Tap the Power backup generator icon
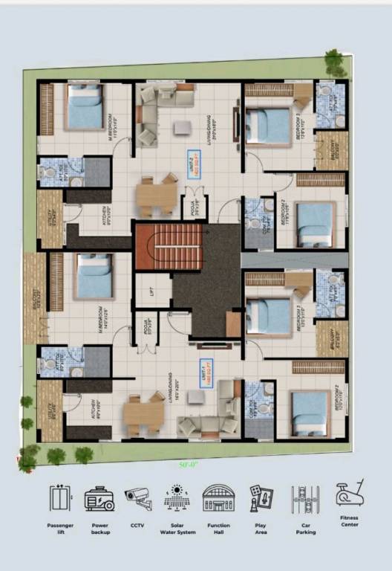pyautogui.click(x=99, y=498)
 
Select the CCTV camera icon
pyautogui.click(x=138, y=498)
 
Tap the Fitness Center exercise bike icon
pyautogui.click(x=349, y=493)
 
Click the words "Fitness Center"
pyautogui.click(x=349, y=520)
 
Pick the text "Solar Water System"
pyautogui.click(x=178, y=529)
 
